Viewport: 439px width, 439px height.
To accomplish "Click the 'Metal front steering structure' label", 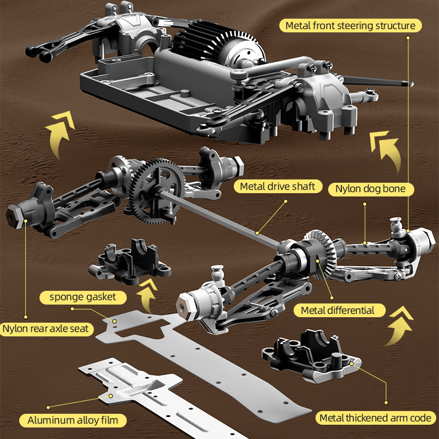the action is coord(350,26).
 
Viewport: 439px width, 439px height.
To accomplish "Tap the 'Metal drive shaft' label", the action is coord(278,187).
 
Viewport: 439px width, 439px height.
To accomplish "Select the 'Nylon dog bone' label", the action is coord(371,189).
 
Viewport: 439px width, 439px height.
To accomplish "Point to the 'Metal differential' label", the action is coord(338,310).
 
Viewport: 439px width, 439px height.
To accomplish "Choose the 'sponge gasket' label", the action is coord(83,297).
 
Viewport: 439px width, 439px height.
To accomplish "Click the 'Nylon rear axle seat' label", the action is coord(46,329).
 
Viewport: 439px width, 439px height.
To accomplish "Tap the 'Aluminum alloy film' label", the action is coord(73,420).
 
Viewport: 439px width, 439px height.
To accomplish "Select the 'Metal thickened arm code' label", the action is coord(376,418).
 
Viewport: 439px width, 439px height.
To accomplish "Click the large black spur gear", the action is coord(156,191).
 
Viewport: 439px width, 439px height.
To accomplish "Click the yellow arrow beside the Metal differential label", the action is coord(398,325).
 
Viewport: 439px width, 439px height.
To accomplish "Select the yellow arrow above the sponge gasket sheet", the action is coord(147,295).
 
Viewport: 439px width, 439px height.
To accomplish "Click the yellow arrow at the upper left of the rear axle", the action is coord(59,134).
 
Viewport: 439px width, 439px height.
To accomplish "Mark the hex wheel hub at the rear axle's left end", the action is coord(14,216).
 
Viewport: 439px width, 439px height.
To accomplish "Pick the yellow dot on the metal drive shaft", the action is coord(257,233).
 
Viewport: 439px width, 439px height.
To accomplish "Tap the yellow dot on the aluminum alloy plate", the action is coord(111,396).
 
